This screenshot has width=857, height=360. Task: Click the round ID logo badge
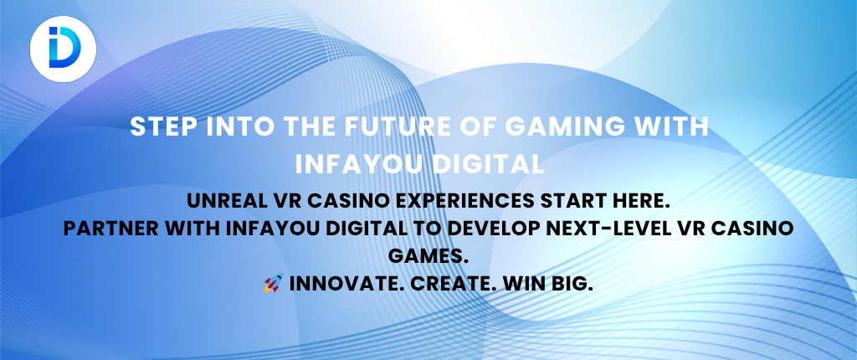coord(64,49)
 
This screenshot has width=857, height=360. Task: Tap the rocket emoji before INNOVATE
coord(274,284)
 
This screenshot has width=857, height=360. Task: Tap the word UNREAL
coord(223,201)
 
